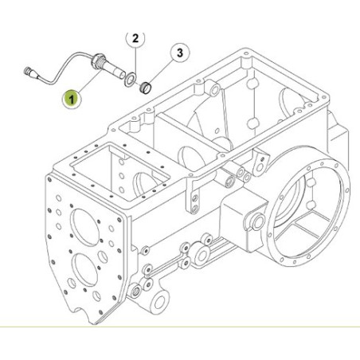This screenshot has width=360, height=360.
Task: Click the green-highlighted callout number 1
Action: (x=72, y=100)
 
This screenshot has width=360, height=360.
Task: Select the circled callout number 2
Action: (x=135, y=39)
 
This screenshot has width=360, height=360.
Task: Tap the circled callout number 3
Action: (x=180, y=53)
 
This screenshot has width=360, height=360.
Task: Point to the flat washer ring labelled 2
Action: (x=131, y=79)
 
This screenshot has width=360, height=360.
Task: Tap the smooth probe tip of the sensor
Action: (x=115, y=72)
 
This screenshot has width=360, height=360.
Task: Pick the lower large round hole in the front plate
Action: (x=84, y=269)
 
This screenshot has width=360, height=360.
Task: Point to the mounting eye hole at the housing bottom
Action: (x=159, y=302)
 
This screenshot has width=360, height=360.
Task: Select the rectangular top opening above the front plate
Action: (x=119, y=172)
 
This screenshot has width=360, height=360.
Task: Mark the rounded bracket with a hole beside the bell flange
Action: (x=260, y=163)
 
